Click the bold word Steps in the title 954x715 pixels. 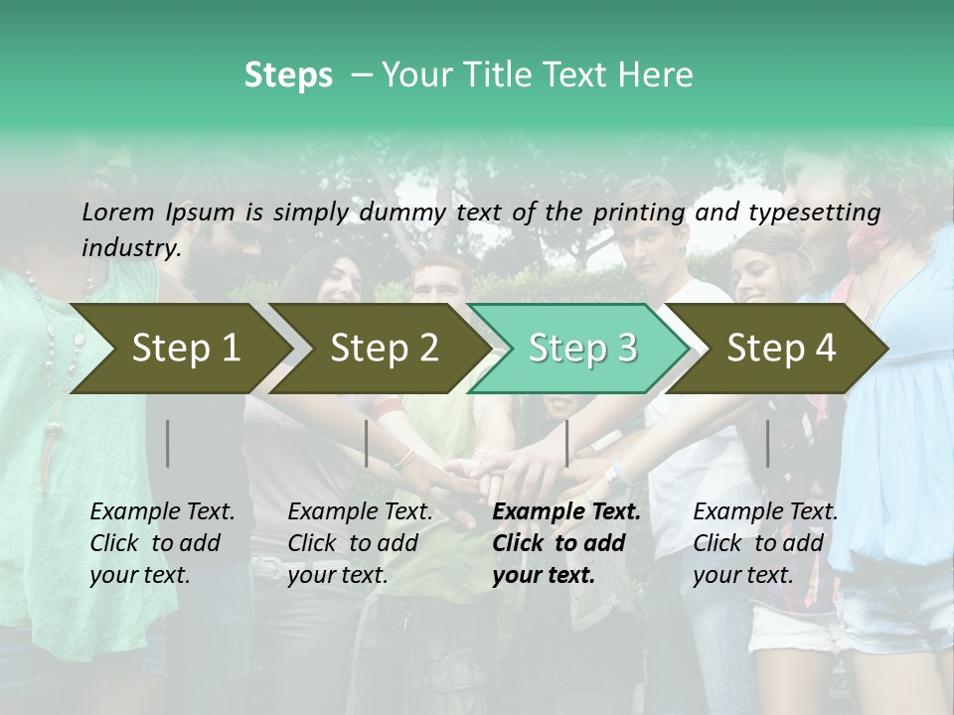(x=288, y=75)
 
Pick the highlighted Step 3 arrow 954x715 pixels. (x=582, y=348)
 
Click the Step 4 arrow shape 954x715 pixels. (x=781, y=348)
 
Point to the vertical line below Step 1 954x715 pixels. (x=168, y=443)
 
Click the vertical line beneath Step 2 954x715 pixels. (x=367, y=443)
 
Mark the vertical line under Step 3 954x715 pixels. (x=566, y=443)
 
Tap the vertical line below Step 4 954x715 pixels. (x=767, y=443)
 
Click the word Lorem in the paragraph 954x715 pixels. (x=118, y=212)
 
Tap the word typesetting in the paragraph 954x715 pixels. (x=819, y=212)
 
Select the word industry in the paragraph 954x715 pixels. (x=130, y=247)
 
